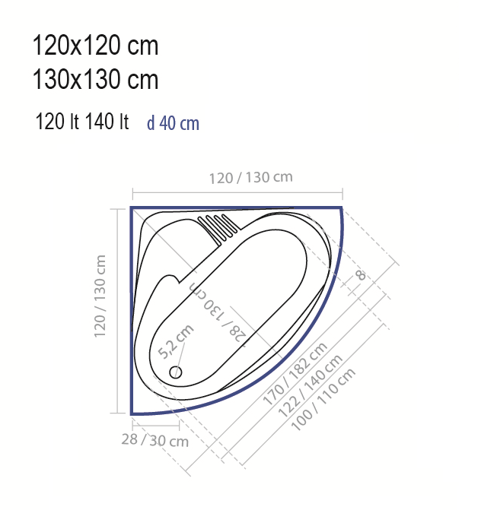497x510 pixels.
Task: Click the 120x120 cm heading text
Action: coord(95,45)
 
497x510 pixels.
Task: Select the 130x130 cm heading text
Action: coord(95,79)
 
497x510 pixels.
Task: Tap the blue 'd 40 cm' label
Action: coord(173,123)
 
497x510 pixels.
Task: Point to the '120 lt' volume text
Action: coord(57,122)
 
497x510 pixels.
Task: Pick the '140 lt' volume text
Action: coord(107,122)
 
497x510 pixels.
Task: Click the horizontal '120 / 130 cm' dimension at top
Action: coord(250,178)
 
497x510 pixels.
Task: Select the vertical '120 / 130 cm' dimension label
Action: coord(100,296)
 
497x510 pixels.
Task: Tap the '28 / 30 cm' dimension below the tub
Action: coord(155,440)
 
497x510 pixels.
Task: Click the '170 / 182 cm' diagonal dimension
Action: coord(295,374)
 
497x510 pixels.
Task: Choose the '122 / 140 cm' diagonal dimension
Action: coord(310,386)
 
